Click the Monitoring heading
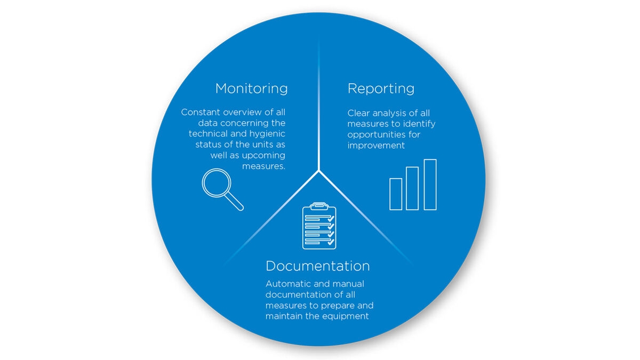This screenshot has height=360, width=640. pos(251,88)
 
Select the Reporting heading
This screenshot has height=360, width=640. pos(381,88)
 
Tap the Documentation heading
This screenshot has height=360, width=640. pos(317,266)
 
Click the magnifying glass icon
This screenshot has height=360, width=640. pos(218,184)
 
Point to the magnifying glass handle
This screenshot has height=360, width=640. pos(235,202)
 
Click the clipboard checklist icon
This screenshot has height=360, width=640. pos(319,226)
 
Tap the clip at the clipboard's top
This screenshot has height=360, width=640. pos(319,206)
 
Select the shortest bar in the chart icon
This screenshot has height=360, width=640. pos(396,194)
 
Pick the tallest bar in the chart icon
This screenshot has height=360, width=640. pos(430,185)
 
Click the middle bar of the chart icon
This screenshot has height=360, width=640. pos(412,188)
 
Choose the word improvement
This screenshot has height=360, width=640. pos(376,145)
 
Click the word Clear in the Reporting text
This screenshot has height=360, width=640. pos(358,113)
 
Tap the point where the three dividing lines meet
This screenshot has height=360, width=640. pos(319,171)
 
